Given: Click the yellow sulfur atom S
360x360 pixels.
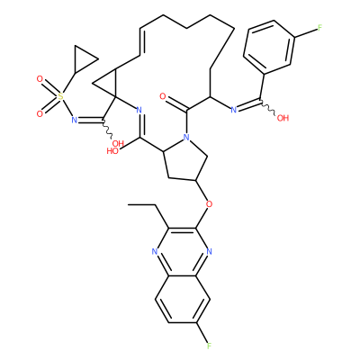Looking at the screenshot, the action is (x=61, y=96).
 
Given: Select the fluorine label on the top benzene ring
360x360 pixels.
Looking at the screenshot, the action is (x=319, y=29).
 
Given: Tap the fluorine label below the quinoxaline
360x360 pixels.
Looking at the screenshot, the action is (x=209, y=346).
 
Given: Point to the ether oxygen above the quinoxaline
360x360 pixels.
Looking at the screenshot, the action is (x=209, y=204).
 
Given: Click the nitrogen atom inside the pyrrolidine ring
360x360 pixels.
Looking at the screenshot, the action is (x=186, y=138).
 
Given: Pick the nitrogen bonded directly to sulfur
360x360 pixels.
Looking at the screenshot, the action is (x=75, y=121).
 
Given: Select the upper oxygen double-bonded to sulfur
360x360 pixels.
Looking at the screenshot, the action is (x=40, y=79).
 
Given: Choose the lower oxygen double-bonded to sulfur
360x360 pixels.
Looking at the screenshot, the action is (x=40, y=114).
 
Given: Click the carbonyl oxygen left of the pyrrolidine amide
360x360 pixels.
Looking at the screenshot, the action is (x=163, y=96).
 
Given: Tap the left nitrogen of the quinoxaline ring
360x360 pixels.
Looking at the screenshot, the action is (x=155, y=251).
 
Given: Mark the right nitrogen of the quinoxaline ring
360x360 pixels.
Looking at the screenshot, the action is (x=209, y=251).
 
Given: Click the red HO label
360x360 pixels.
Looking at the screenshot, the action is (x=112, y=151).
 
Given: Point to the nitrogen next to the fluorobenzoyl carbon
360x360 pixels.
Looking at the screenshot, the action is (x=234, y=110).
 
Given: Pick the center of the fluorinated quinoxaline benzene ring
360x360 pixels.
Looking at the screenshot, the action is (x=182, y=299).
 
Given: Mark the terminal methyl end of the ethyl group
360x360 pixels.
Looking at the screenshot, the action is (x=129, y=205).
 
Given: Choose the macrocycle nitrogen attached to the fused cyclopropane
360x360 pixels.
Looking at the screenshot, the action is (x=139, y=110).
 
